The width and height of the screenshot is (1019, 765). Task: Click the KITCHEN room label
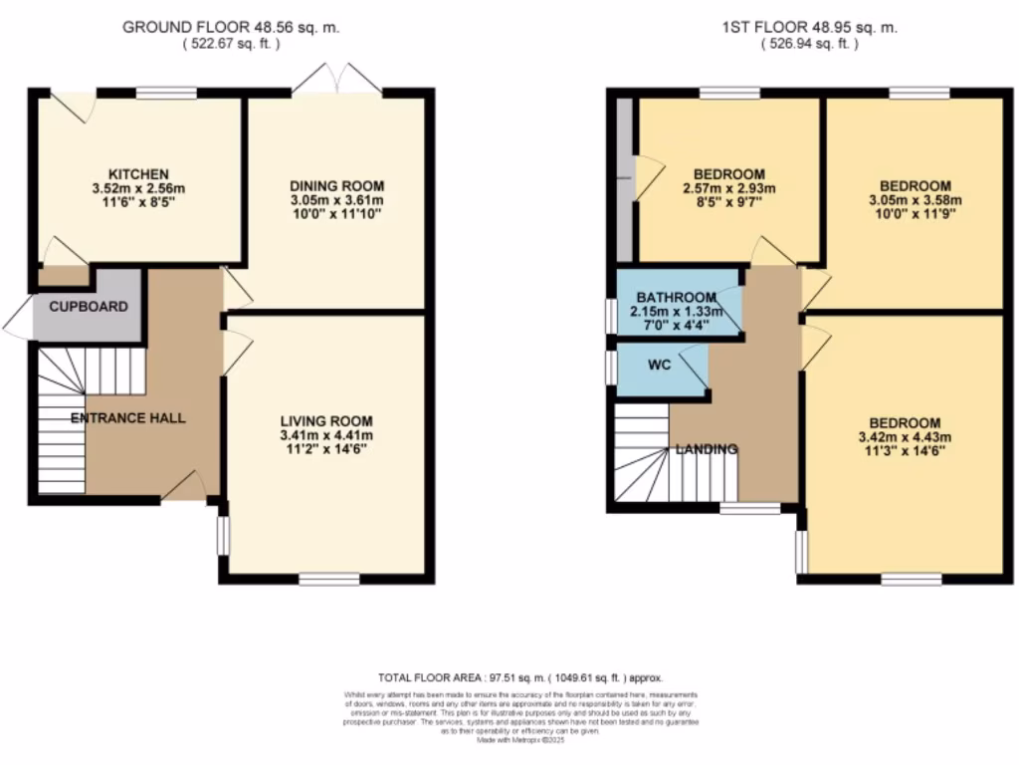pyautogui.click(x=139, y=174)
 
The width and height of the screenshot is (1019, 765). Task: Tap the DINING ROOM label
pyautogui.click(x=336, y=186)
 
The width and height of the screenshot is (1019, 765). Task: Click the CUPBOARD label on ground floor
pyautogui.click(x=89, y=306)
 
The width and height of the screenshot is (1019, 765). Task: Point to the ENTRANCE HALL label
pyautogui.click(x=127, y=418)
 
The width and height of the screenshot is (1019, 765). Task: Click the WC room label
pyautogui.click(x=659, y=365)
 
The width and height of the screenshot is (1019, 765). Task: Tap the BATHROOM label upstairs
pyautogui.click(x=677, y=297)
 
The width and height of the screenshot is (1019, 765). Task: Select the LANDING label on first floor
pyautogui.click(x=707, y=449)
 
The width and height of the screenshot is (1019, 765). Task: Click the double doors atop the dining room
pyautogui.click(x=337, y=80)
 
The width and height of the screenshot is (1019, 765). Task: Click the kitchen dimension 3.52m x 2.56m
pyautogui.click(x=139, y=188)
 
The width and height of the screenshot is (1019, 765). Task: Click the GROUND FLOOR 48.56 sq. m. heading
pyautogui.click(x=231, y=27)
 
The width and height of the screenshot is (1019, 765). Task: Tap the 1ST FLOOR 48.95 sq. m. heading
pyautogui.click(x=810, y=27)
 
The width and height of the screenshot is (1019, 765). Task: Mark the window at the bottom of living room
pyautogui.click(x=329, y=578)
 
